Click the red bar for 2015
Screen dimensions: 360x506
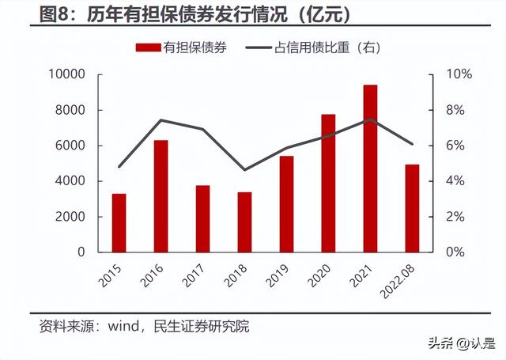(x=119, y=222)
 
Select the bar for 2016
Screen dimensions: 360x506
(x=160, y=195)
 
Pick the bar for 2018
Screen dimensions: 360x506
(x=244, y=222)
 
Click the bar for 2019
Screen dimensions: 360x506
(x=286, y=203)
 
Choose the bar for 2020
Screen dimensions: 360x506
(x=328, y=183)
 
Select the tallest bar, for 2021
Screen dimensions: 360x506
(x=370, y=168)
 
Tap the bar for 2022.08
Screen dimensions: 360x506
(x=412, y=208)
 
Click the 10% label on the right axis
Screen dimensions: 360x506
(x=461, y=74)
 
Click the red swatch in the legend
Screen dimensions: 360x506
(x=148, y=47)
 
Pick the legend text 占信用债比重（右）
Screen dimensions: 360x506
(x=337, y=47)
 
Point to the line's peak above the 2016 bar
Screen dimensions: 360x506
(x=160, y=120)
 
